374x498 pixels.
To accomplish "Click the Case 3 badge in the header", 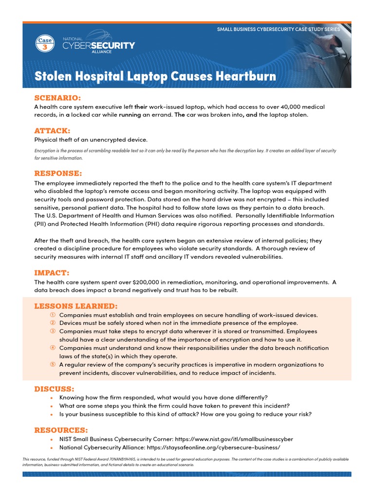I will click(45, 44).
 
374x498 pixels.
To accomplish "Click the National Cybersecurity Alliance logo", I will click(98, 45).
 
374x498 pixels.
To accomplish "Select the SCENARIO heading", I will click(57, 98).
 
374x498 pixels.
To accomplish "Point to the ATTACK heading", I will click(52, 131).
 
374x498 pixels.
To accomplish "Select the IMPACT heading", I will click(52, 273).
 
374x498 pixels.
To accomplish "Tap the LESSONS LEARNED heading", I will click(75, 306).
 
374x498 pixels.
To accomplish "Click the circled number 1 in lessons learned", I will click(52, 315).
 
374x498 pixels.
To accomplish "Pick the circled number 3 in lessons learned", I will click(52, 331).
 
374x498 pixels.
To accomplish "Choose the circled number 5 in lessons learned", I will click(52, 365).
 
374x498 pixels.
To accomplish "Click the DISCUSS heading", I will click(54, 389).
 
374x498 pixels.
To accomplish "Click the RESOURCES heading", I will click(61, 430).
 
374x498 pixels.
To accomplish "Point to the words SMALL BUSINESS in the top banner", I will click(237, 29).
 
